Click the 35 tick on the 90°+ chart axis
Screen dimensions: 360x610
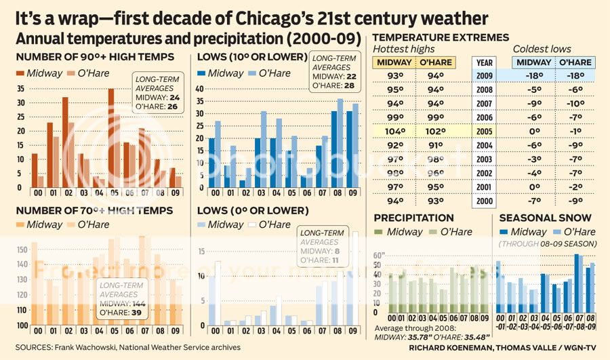tap(19, 88)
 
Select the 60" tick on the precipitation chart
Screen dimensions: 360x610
tap(378, 256)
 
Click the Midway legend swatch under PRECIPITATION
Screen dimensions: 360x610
tap(380, 232)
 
